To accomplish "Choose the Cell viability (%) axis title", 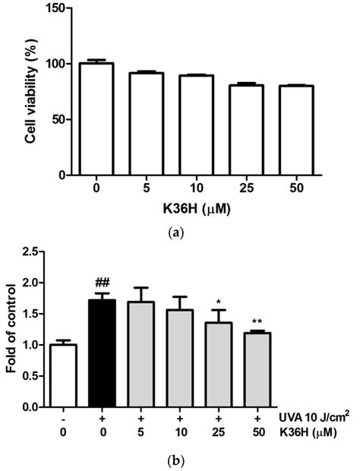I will [x=35, y=93].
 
